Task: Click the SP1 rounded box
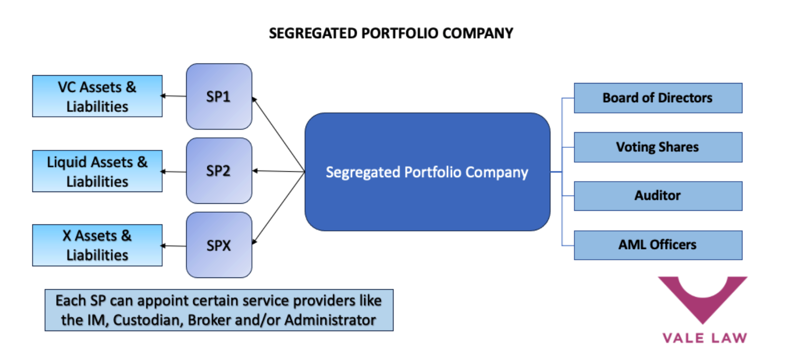point(219,96)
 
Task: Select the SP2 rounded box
point(219,170)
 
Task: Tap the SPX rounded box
point(219,245)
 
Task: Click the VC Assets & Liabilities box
point(97,96)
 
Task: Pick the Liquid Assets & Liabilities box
point(97,171)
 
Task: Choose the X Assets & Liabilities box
point(97,245)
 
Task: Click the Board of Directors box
point(657,98)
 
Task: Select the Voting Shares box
point(657,147)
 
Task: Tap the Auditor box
point(657,195)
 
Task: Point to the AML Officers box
point(657,245)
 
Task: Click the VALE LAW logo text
point(704,338)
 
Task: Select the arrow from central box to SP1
point(278,135)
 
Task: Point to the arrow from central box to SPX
point(278,207)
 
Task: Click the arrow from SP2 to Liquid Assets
point(174,171)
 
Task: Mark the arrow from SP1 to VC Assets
point(174,96)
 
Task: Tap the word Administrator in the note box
point(330,320)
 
